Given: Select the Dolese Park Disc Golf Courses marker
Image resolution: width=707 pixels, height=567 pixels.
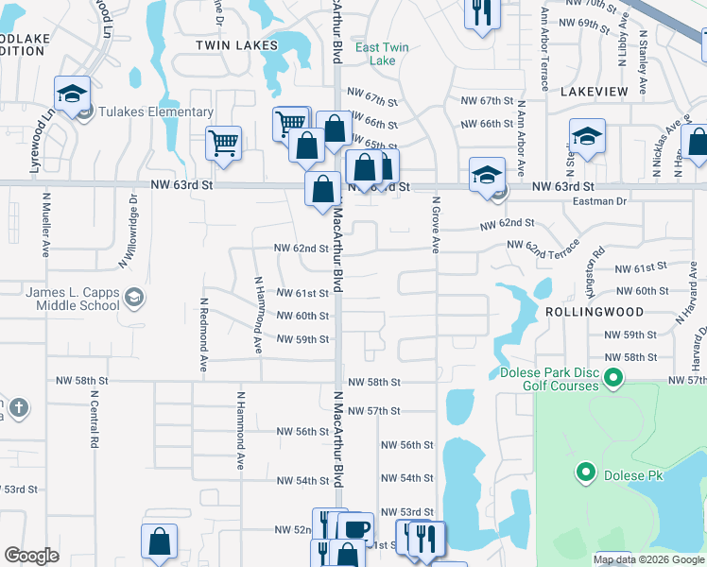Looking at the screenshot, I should point(613,380).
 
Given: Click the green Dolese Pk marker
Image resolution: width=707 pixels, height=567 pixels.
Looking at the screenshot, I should point(586,472).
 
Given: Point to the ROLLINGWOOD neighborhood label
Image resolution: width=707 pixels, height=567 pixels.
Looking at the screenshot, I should point(595,312).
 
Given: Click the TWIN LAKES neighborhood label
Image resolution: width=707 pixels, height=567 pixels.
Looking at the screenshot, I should point(236,45).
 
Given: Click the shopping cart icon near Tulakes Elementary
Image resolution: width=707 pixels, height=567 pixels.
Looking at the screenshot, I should point(223,143).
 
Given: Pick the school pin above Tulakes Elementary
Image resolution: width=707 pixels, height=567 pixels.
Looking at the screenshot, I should point(72,94).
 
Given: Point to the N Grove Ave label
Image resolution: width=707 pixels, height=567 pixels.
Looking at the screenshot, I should point(437,225).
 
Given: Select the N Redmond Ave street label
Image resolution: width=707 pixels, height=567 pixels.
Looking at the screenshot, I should point(203,335).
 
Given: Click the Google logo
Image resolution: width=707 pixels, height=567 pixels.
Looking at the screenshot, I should point(32,556).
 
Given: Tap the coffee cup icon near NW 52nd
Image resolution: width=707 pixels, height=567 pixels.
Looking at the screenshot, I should point(355,529).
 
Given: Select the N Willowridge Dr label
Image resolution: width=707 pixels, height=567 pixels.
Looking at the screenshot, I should point(133,218).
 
